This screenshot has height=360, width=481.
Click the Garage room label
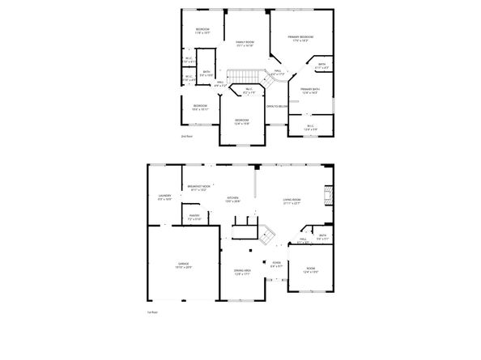pyautogui.click(x=184, y=265)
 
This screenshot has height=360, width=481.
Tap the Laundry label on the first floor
pyautogui.click(x=164, y=197)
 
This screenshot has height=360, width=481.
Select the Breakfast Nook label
pyautogui.click(x=198, y=187)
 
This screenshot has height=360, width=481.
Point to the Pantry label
pyautogui.click(x=195, y=216)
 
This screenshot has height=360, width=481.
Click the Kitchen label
pyautogui.click(x=233, y=199)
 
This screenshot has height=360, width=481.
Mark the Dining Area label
pyautogui.click(x=241, y=272)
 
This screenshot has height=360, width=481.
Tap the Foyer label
pyautogui.click(x=276, y=263)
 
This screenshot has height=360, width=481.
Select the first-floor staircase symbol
pyautogui.click(x=267, y=235)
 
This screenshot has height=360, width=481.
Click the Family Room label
pyautogui.click(x=244, y=44)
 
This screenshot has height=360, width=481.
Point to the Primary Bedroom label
pyautogui.click(x=300, y=37)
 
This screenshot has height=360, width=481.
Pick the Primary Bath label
pyautogui.click(x=310, y=91)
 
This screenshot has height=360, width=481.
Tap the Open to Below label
pyautogui.click(x=279, y=106)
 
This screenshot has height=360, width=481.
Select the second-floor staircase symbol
pyautogui.click(x=240, y=78)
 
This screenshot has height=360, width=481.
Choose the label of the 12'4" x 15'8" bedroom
pyautogui.click(x=241, y=122)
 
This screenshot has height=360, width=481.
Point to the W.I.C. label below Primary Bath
pyautogui.click(x=310, y=127)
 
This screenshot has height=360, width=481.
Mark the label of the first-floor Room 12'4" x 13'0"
pyautogui.click(x=310, y=270)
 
